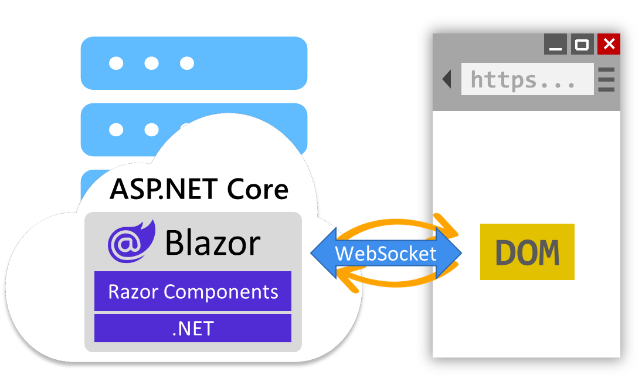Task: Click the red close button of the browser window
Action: [609, 44]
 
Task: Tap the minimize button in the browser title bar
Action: [555, 44]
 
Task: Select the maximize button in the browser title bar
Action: [582, 44]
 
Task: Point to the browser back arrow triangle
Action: [447, 79]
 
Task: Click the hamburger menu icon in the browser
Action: [606, 79]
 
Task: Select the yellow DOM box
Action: [527, 251]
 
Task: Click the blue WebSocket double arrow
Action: [385, 254]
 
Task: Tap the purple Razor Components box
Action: [193, 291]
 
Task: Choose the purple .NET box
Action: [193, 328]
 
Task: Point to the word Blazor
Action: [213, 242]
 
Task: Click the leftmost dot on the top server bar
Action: [117, 63]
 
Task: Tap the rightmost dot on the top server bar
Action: [187, 63]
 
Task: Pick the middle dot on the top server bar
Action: [152, 63]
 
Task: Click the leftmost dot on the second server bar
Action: [117, 129]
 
